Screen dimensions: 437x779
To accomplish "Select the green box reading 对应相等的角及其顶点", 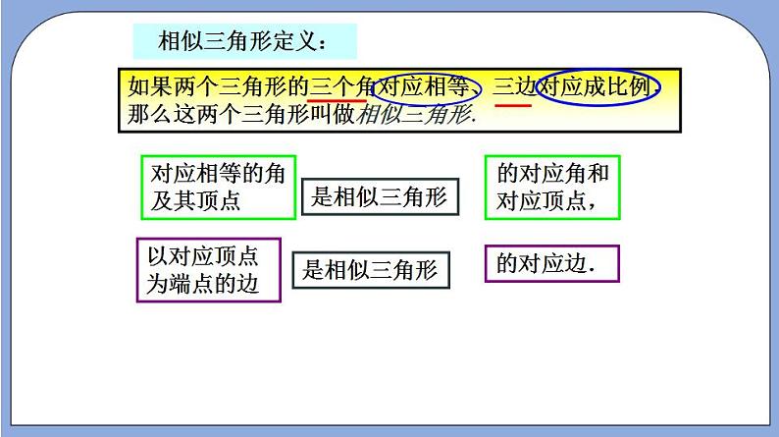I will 218,187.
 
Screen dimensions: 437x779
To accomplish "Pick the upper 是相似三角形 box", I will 379,197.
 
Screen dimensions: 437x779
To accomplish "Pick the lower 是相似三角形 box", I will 371,268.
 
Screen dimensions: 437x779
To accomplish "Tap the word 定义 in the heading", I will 297,42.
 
